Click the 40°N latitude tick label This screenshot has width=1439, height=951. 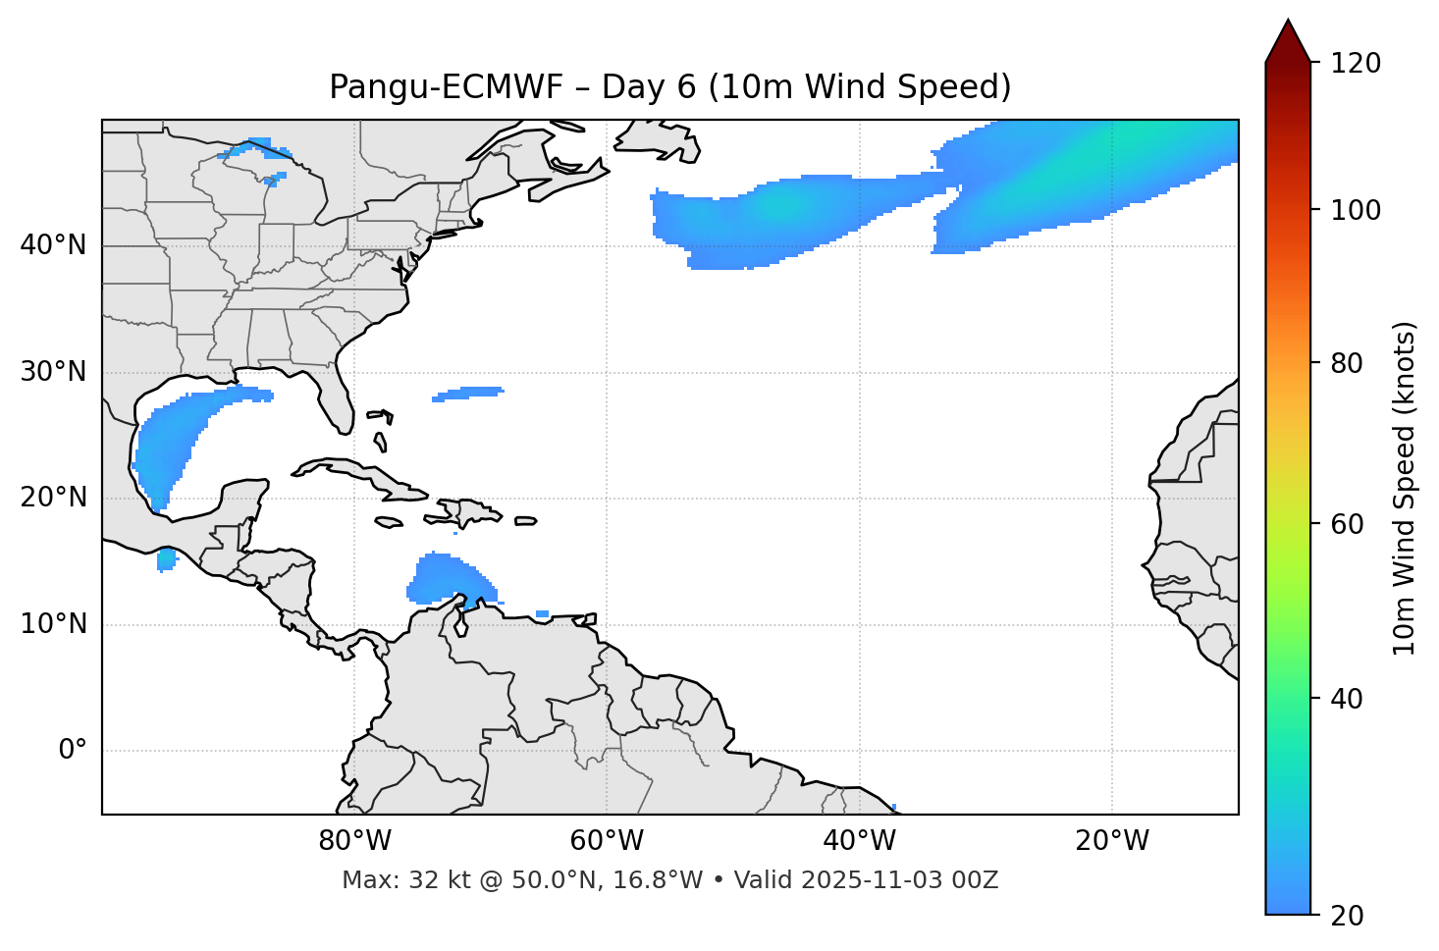click(x=53, y=245)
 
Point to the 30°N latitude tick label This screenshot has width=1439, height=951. click(x=53, y=372)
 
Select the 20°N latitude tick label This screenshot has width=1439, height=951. click(x=53, y=498)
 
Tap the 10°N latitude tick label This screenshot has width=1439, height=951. click(x=53, y=624)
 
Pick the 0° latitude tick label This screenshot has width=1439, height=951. click(x=73, y=751)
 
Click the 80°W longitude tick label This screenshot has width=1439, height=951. click(x=354, y=841)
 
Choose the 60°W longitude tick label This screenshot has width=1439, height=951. click(x=607, y=841)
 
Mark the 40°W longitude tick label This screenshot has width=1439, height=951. click(x=859, y=841)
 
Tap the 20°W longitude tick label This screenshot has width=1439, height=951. click(x=1111, y=841)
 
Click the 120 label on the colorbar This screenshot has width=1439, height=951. click(x=1355, y=64)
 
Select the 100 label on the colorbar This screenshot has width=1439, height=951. click(x=1355, y=210)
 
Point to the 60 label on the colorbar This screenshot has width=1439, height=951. click(x=1348, y=524)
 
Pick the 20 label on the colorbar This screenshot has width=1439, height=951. click(x=1348, y=916)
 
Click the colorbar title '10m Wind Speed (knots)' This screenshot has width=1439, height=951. click(x=1405, y=488)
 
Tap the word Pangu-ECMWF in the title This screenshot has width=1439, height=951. click(x=446, y=87)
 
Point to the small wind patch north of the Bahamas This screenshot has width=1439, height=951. click(x=468, y=394)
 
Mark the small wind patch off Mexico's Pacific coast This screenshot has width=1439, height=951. click(x=167, y=559)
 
